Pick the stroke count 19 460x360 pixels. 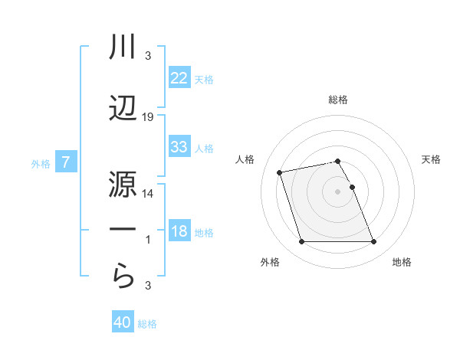click(148, 116)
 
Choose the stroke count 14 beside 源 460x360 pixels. click(148, 194)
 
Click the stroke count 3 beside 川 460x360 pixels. click(148, 56)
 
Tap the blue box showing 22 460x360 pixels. click(179, 77)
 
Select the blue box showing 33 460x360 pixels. click(179, 146)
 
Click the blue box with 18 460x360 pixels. click(179, 231)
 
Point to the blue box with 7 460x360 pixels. click(66, 162)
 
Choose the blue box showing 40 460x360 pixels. click(123, 322)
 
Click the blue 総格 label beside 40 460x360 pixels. click(148, 324)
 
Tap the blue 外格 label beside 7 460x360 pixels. click(41, 163)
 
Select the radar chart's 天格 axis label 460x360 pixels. click(432, 159)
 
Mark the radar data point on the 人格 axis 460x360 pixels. click(280, 172)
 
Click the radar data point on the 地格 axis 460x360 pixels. click(373, 242)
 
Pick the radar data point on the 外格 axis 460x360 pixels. click(301, 242)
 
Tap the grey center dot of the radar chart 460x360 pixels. click(337, 191)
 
